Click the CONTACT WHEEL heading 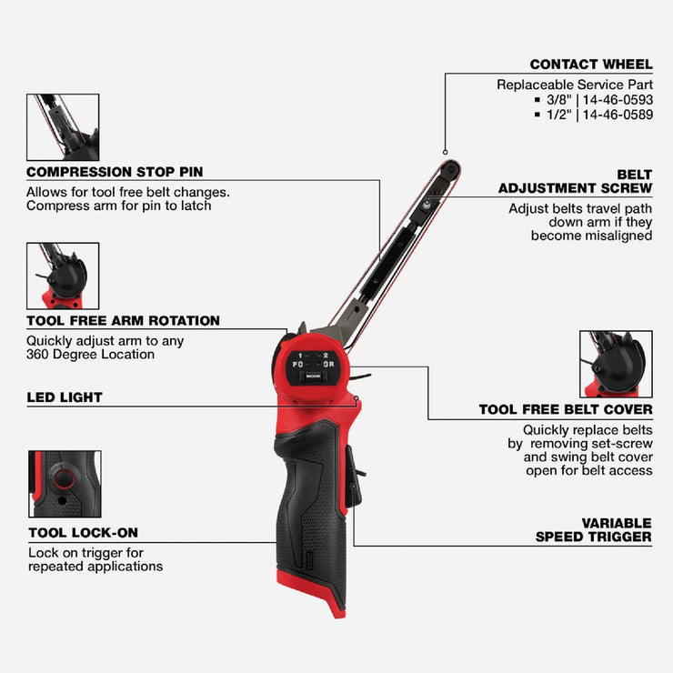click(591, 65)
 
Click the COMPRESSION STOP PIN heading click(115, 172)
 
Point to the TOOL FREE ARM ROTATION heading click(123, 321)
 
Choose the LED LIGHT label click(65, 397)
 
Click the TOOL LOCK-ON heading click(83, 533)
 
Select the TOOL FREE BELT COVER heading click(565, 410)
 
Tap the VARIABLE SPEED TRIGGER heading click(593, 530)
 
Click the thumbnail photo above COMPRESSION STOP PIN click(63, 127)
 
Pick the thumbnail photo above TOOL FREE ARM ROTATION click(63, 276)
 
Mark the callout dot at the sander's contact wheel click(445, 151)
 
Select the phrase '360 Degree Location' click(90, 354)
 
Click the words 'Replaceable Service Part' click(575, 85)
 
